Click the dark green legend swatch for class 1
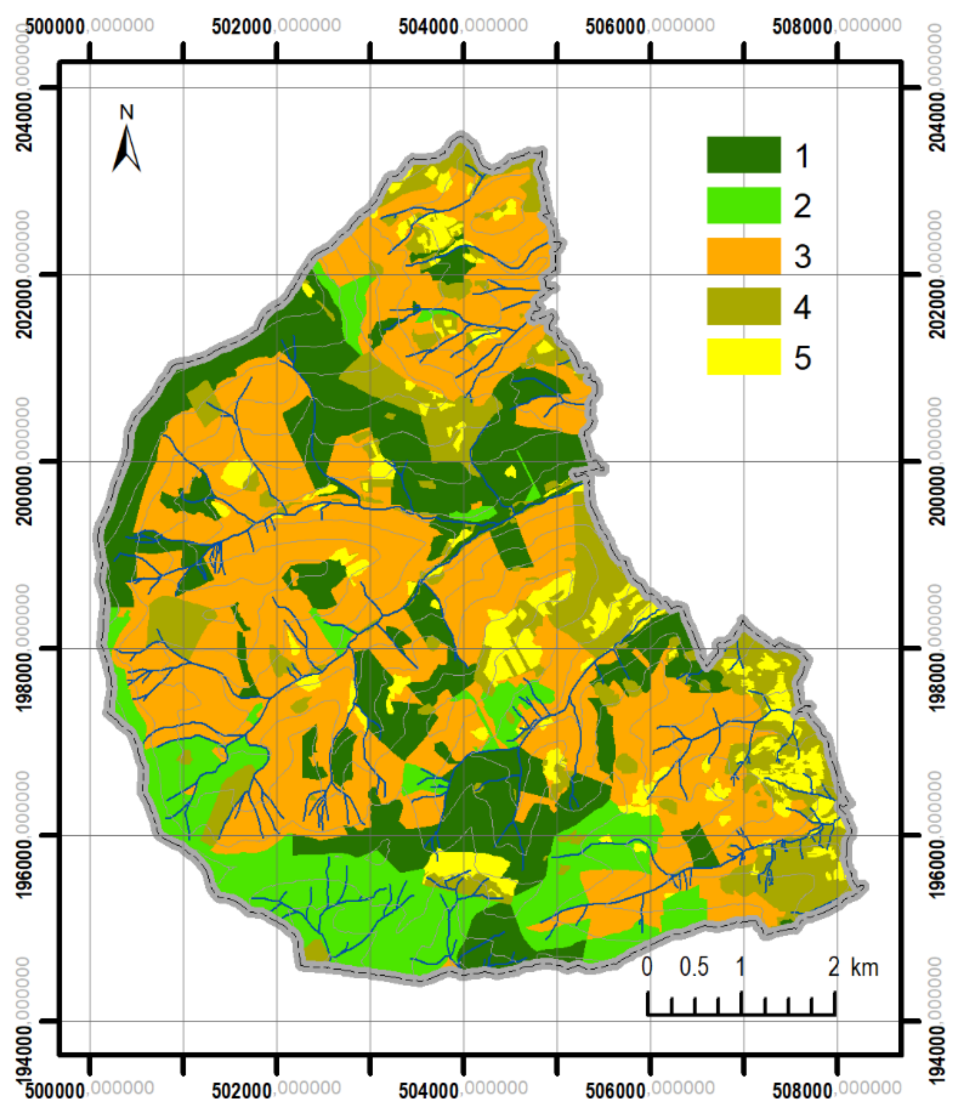point(743,155)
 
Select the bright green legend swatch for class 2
point(743,205)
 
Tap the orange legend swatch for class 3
point(743,256)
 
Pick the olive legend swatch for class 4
point(743,306)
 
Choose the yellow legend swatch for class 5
point(743,356)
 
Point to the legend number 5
point(802,357)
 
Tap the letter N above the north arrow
point(127,112)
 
